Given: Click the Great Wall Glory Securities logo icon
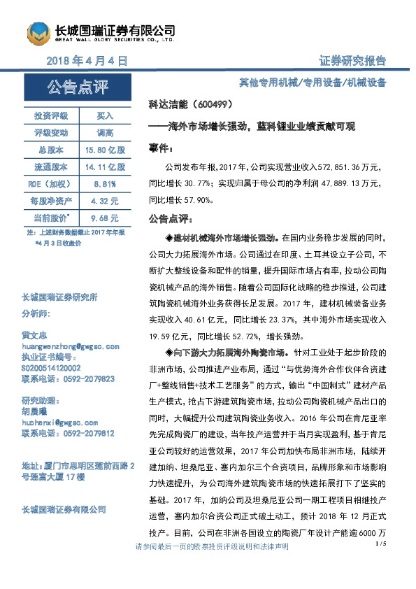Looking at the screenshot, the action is (39, 31).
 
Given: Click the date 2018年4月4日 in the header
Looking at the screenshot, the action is (87, 61).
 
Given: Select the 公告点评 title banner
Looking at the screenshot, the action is (78, 88).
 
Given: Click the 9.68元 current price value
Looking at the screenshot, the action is (105, 218).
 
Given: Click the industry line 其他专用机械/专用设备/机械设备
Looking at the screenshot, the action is (312, 82).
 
